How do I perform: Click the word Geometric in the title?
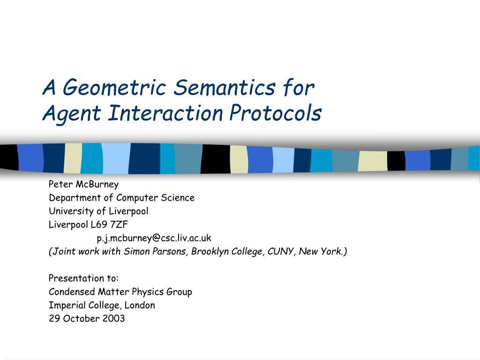(x=114, y=88)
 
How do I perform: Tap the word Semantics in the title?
(x=224, y=87)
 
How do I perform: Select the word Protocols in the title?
(x=275, y=113)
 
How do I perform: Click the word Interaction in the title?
(x=165, y=113)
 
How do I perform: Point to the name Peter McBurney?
(x=83, y=184)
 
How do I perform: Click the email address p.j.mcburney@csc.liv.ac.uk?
(x=154, y=238)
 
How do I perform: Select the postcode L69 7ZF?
(x=109, y=225)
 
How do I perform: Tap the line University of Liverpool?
(x=98, y=211)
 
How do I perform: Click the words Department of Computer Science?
(x=121, y=198)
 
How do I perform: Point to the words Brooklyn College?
(x=226, y=251)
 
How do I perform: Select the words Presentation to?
(x=83, y=278)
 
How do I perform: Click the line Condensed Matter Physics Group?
(x=120, y=292)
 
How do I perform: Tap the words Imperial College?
(x=85, y=305)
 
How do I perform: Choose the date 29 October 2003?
(x=87, y=318)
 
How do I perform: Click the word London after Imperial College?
(x=140, y=305)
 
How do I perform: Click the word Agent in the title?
(x=72, y=114)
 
